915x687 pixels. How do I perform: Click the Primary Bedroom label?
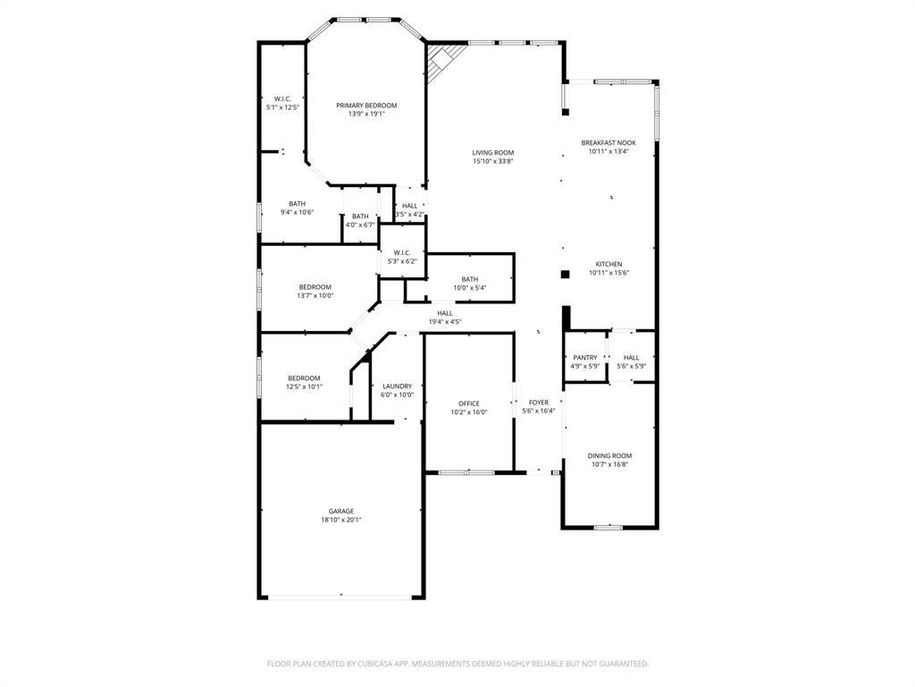[x=366, y=106]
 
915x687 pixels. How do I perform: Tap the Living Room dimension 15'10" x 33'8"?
[x=493, y=161]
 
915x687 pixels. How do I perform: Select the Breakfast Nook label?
[x=609, y=142]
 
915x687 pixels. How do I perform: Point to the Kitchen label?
[x=609, y=264]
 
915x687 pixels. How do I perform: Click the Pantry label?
[x=585, y=357]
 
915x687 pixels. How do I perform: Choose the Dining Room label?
[x=610, y=455]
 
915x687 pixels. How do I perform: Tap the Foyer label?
[x=539, y=403]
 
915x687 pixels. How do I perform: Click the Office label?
[x=469, y=403]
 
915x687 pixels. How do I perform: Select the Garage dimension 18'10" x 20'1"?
[x=341, y=520]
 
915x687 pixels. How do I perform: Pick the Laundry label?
[x=398, y=386]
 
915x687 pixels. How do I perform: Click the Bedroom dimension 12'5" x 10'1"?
[x=304, y=386]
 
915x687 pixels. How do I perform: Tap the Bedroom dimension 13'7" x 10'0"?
[x=315, y=295]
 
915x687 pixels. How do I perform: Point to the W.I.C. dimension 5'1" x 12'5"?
[x=282, y=107]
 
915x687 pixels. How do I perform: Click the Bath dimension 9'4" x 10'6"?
[x=297, y=212]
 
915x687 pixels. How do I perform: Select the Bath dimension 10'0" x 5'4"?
[x=470, y=288]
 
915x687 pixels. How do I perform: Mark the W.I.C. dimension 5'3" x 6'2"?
[x=402, y=261]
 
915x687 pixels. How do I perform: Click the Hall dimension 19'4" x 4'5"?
[x=445, y=321]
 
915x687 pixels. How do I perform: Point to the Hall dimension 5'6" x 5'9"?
[x=631, y=366]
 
